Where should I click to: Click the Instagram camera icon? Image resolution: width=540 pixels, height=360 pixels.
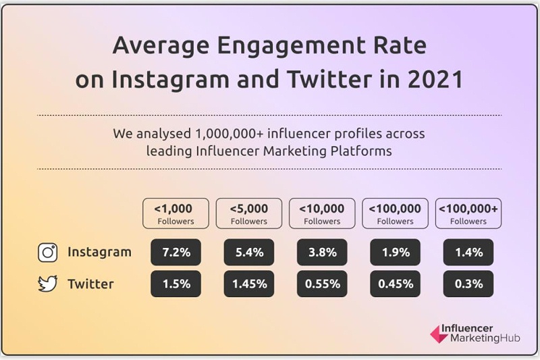coord(47,253)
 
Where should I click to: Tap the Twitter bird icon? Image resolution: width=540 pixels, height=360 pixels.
coord(47,284)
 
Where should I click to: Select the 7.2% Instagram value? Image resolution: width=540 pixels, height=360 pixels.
coord(176,253)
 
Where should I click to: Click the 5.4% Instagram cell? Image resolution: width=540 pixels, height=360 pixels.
coord(249,253)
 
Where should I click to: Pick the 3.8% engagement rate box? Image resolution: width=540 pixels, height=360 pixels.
coord(322,253)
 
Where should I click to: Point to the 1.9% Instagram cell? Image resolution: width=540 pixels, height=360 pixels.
coord(395,253)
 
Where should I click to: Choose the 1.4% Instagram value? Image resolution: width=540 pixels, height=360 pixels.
coord(468,253)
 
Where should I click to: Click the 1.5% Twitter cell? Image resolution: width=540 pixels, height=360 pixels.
coord(176,284)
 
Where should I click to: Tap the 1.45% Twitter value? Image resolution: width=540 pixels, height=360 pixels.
coord(249,284)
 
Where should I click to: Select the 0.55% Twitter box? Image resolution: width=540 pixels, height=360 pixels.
coord(322,284)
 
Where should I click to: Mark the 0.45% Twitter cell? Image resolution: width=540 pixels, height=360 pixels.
coord(395,284)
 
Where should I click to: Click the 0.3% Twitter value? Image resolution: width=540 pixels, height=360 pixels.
coord(468,284)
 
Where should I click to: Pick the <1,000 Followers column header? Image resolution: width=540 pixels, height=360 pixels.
coord(175,213)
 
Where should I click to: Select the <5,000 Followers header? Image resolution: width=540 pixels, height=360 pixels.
coord(249,213)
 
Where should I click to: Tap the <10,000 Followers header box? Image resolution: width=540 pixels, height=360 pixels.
coord(322,213)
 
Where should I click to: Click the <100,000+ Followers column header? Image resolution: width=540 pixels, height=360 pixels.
coord(468,213)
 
